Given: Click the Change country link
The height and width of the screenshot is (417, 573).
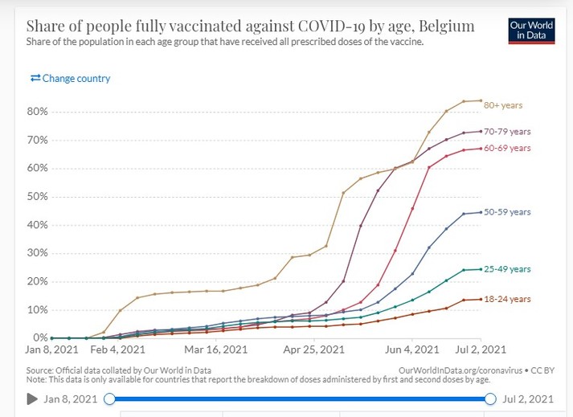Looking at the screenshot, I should point(70,79).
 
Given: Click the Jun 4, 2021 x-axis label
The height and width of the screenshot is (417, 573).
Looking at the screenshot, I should point(413,350).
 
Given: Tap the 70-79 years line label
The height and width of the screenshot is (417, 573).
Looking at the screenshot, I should point(508,132).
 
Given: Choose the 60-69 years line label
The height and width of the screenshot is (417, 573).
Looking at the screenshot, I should point(508,148).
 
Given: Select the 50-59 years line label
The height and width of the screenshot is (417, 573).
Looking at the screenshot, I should point(508,212).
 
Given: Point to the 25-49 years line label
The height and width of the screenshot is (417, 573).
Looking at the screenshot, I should point(508,269).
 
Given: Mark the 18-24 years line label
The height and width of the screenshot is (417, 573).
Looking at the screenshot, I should point(508,299).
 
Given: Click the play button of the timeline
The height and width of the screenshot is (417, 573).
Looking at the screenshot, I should point(33,399).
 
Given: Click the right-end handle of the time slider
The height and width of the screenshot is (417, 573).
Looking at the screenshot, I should point(489,399).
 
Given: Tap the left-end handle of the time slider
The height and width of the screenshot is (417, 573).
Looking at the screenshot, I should point(110,399).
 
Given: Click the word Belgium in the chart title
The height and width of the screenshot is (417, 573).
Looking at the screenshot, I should point(447,27).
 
